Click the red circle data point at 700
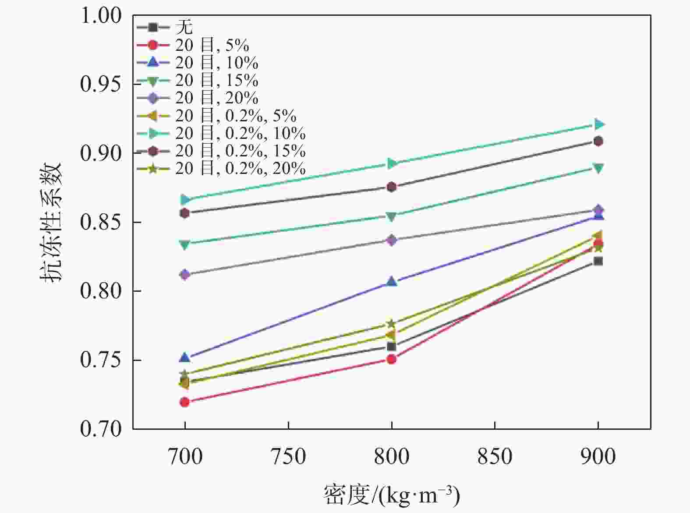tap(185, 402)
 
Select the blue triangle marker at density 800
tap(392, 281)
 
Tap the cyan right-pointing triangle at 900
tap(598, 124)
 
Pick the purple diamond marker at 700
tap(185, 275)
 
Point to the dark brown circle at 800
tap(392, 187)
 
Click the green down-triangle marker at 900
tap(598, 168)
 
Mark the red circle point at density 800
tap(392, 359)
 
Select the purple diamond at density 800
tap(392, 240)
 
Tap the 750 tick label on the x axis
tap(288, 456)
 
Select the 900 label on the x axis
tap(598, 456)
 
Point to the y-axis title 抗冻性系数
tap(52, 222)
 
